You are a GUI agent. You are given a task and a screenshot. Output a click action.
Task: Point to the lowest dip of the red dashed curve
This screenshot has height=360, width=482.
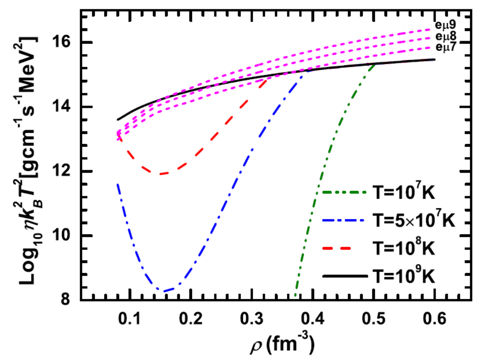(x=162, y=174)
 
